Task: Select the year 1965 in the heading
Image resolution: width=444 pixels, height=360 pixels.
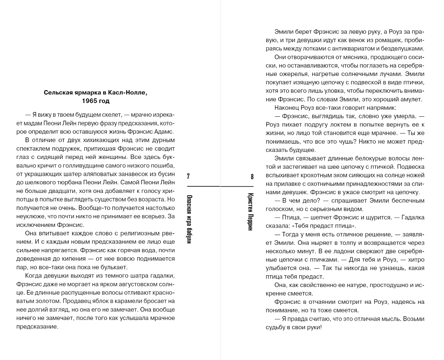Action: [x=90, y=101]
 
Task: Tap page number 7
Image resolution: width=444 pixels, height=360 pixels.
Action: [x=188, y=176]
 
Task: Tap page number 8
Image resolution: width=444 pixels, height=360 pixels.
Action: [x=252, y=176]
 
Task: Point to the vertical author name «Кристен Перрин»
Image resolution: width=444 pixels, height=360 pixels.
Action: [x=251, y=212]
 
